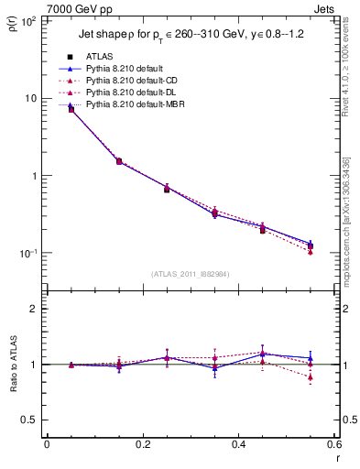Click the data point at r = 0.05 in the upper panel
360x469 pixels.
click(x=71, y=109)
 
